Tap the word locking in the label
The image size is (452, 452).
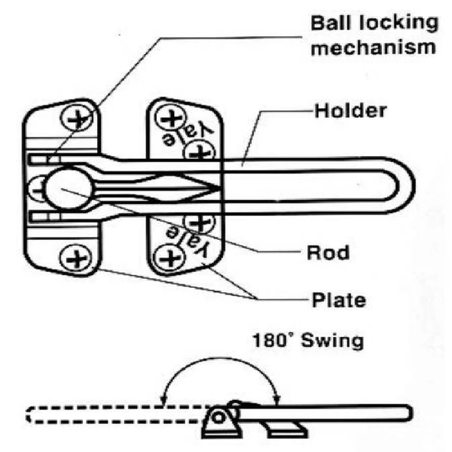tap(390, 23)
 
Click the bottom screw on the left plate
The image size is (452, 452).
tap(75, 259)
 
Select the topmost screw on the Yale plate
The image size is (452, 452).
tap(168, 118)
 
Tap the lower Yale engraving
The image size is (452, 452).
tap(187, 238)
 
